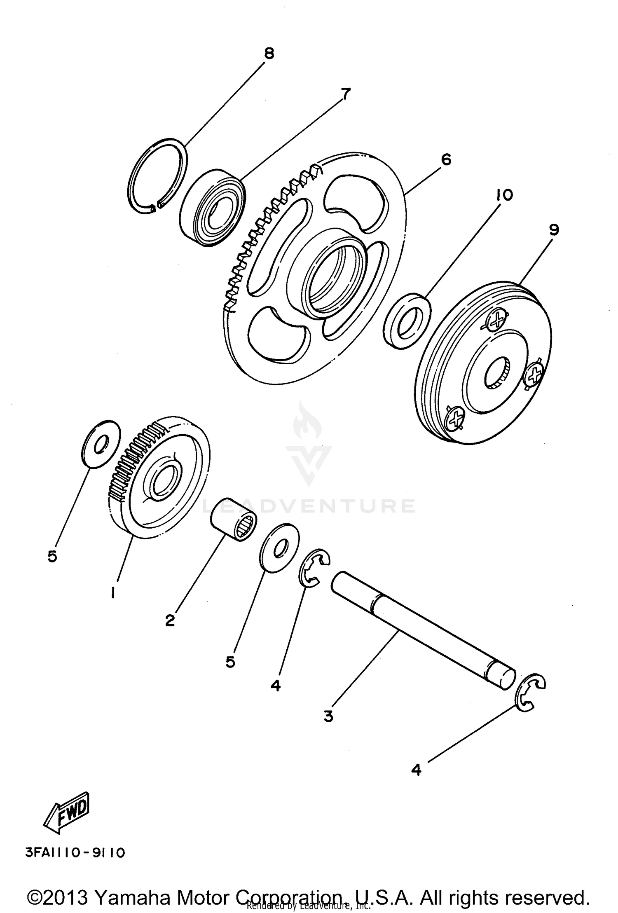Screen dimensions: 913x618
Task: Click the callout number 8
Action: [x=269, y=54]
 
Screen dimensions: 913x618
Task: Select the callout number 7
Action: [x=345, y=94]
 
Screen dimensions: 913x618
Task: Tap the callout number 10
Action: [x=505, y=195]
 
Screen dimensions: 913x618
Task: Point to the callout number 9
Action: [x=554, y=230]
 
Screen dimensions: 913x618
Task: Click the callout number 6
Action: [x=446, y=159]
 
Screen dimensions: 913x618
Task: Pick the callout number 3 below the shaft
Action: [x=328, y=716]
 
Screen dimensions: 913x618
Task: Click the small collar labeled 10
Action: [x=407, y=322]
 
